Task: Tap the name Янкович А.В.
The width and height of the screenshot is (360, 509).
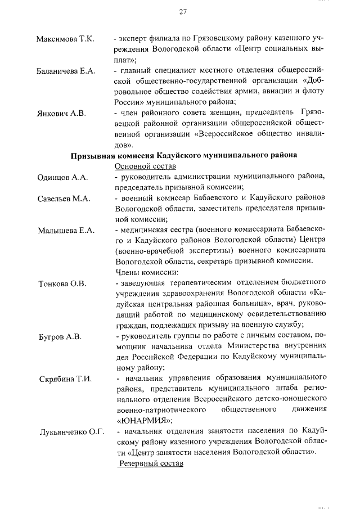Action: point(61,113)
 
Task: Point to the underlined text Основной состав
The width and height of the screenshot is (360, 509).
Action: point(145,166)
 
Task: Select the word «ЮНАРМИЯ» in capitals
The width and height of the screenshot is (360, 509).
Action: point(145,420)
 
